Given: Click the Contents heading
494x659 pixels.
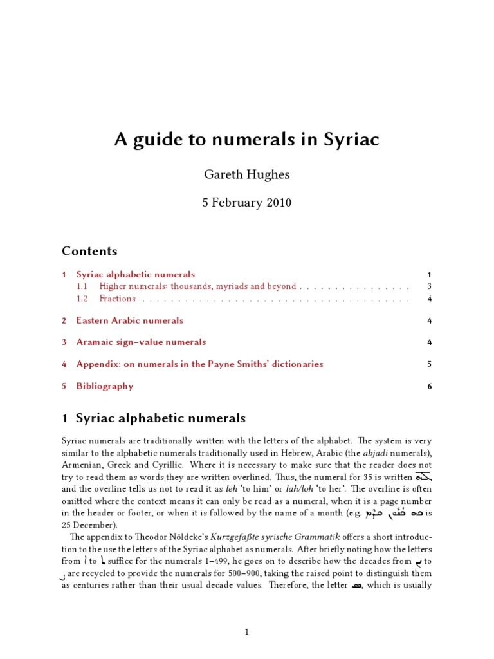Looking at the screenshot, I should [x=89, y=251].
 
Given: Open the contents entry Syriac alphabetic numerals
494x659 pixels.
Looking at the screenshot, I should [x=135, y=274].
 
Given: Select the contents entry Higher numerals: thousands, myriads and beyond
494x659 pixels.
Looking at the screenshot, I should [x=197, y=286].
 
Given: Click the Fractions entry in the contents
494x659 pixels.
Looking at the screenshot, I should [x=117, y=299].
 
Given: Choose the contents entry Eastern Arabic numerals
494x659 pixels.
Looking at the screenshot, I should [x=129, y=320].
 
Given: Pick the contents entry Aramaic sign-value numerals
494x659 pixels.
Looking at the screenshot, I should [x=141, y=342].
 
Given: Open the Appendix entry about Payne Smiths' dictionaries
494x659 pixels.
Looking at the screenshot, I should [x=199, y=364].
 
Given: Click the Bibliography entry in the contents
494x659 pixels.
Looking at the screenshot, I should [x=105, y=386].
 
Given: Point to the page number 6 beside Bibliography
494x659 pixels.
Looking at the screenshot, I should [x=429, y=386].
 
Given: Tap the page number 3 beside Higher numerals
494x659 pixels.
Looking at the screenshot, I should [x=429, y=286].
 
